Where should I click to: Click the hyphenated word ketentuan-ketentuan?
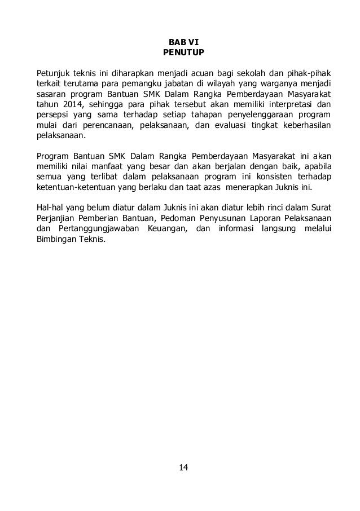point(76,187)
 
